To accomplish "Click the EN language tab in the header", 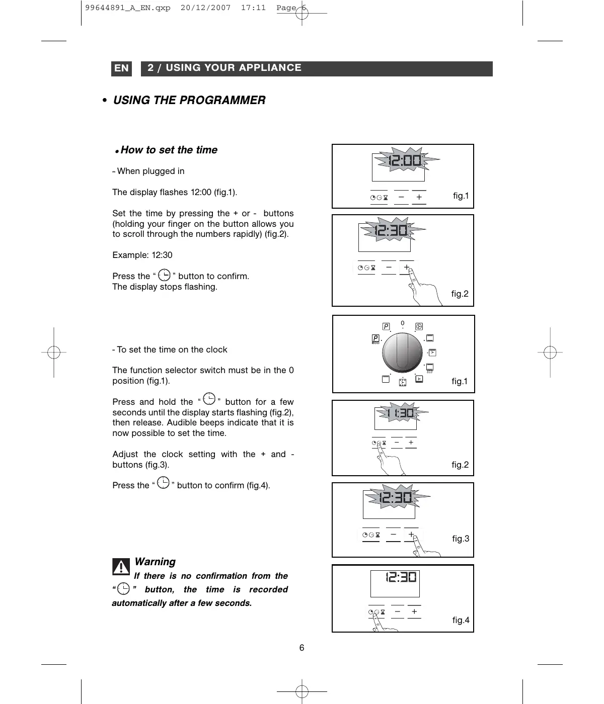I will click(x=121, y=68).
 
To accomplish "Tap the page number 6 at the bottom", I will click(x=302, y=648).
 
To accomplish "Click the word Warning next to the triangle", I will click(x=155, y=562).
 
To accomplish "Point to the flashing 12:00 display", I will click(x=405, y=161).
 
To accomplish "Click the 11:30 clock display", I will click(x=401, y=413).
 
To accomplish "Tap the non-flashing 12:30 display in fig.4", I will click(x=401, y=577).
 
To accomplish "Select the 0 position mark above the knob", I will click(x=403, y=323).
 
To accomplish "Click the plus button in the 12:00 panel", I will click(x=419, y=198).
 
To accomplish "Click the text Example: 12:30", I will click(x=142, y=255).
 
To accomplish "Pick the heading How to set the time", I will click(x=169, y=150).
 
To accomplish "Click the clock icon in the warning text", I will click(x=123, y=589).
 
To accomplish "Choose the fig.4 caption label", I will click(x=461, y=620).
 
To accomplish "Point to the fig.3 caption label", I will click(x=461, y=539).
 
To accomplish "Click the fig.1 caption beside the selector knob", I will click(x=460, y=381).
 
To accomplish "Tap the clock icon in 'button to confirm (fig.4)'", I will click(x=164, y=483).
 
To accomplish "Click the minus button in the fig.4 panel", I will click(x=398, y=612).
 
